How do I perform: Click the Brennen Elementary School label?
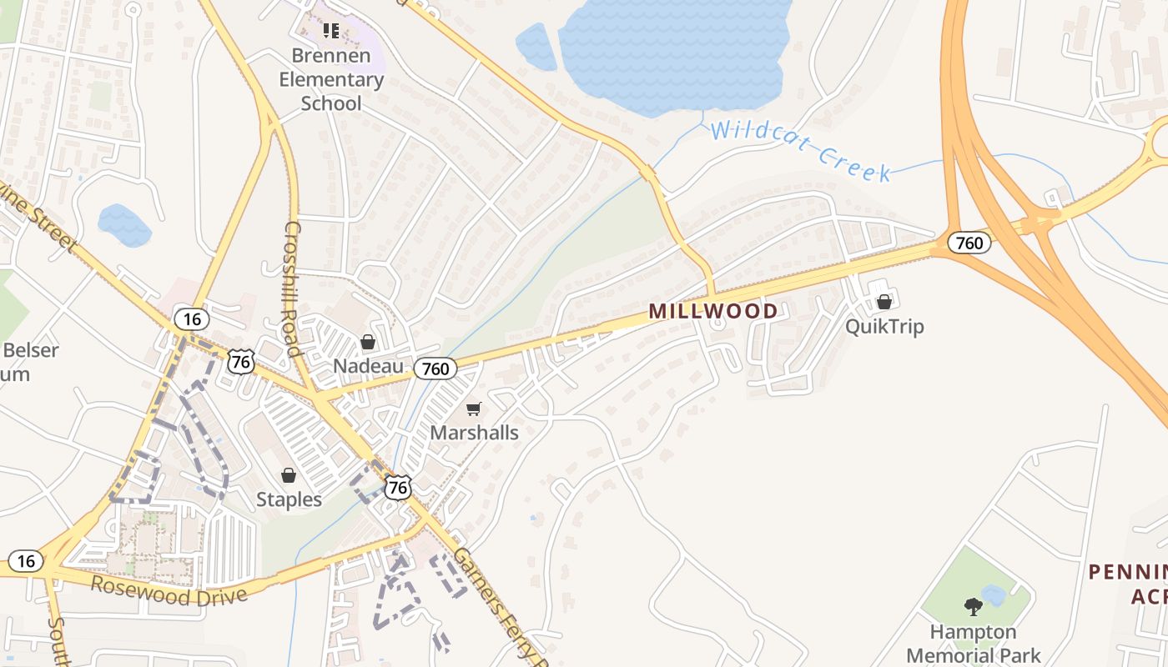[331, 80]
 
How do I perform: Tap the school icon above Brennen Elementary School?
[331, 32]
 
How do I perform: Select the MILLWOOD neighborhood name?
[713, 311]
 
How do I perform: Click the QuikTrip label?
[884, 326]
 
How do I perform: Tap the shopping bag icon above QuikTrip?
[884, 302]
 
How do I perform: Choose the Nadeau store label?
[368, 366]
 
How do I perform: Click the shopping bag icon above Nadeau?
[368, 342]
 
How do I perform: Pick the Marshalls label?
[474, 433]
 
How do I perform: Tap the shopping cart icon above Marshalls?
[474, 409]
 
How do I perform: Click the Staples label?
[289, 499]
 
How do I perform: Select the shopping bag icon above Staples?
[289, 475]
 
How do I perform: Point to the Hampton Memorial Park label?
[974, 644]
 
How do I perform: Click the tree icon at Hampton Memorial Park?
[973, 606]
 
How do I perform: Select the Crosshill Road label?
[292, 288]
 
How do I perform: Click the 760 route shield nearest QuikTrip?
[969, 243]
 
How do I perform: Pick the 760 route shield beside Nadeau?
[435, 368]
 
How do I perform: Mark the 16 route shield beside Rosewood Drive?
[26, 561]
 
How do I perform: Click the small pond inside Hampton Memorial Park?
[994, 594]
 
